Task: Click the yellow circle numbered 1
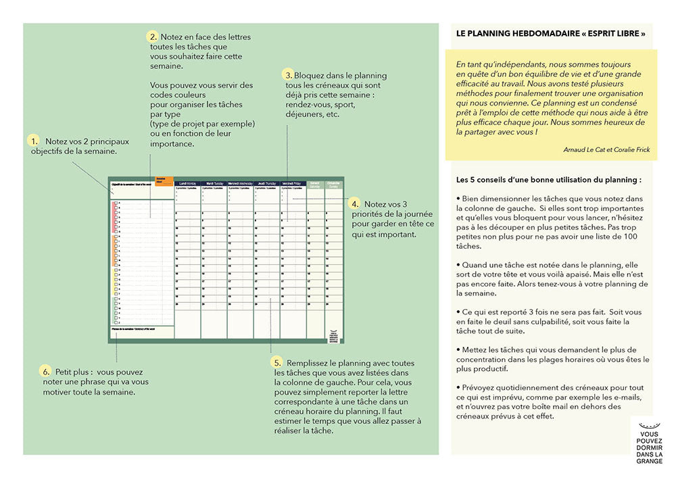tap(33, 141)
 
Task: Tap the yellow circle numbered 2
tap(153, 37)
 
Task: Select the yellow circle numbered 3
tap(289, 75)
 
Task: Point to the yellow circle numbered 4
tap(354, 204)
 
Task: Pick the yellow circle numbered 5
tap(277, 362)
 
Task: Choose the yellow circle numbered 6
tap(46, 371)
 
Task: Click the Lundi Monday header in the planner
tap(187, 183)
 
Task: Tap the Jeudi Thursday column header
tap(267, 183)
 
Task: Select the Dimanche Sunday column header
tap(334, 183)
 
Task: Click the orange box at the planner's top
tap(164, 181)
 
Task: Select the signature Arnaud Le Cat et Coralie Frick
tap(606, 149)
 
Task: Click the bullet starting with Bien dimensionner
tap(458, 198)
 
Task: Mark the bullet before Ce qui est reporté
tap(458, 313)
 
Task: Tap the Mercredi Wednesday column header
tap(241, 183)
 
